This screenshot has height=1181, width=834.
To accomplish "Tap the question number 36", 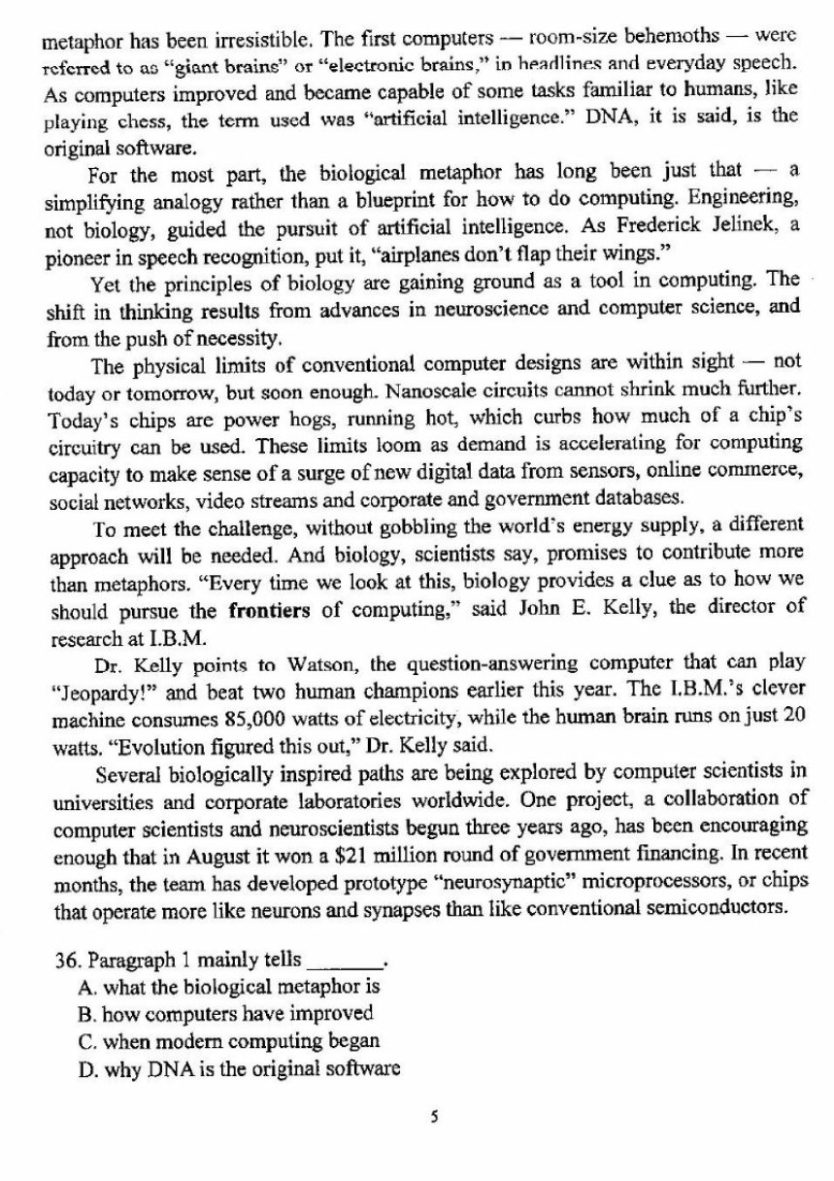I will (66, 962).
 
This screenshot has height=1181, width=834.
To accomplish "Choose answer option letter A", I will (83, 987).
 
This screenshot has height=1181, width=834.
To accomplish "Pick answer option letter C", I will (83, 1041).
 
